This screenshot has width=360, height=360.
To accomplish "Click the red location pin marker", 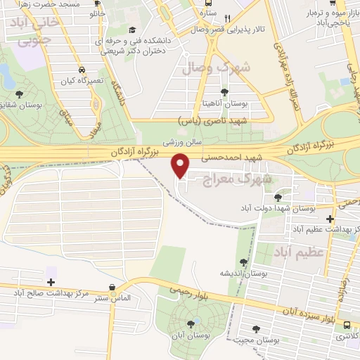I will (x=181, y=165).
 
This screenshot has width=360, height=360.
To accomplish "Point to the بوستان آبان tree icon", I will (x=191, y=324).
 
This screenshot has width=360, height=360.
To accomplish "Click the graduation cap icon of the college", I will (x=133, y=30).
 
